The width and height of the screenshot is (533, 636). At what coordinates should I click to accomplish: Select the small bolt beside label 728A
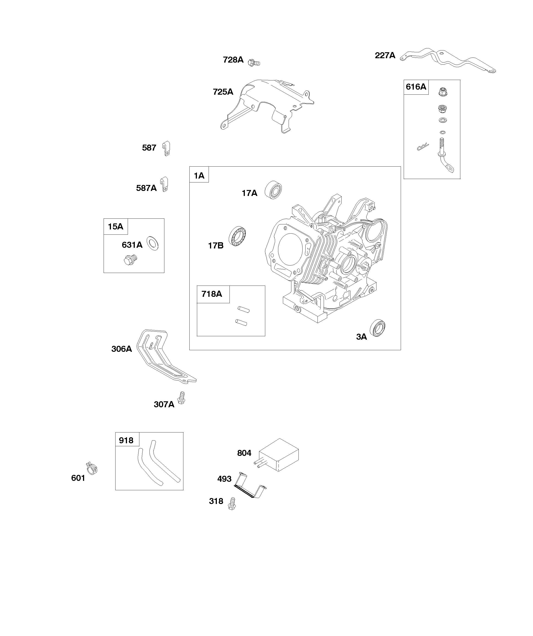click(254, 63)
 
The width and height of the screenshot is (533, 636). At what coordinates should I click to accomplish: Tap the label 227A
click(385, 55)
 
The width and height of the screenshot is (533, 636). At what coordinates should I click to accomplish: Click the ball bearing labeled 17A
click(274, 190)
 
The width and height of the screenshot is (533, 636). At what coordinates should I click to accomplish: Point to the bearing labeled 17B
click(237, 236)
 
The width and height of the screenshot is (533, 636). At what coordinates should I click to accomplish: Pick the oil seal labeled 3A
click(378, 328)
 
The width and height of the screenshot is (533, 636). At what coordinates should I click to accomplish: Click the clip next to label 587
click(166, 149)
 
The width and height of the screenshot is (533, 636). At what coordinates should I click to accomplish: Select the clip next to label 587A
click(164, 184)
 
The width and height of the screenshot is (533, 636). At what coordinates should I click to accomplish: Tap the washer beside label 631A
click(152, 243)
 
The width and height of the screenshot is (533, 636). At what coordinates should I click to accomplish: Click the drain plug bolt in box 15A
click(131, 260)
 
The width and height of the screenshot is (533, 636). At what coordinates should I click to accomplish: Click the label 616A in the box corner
click(416, 87)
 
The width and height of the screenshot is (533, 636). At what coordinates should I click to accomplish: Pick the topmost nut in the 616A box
click(443, 91)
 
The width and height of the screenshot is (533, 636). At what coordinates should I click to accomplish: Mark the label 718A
click(212, 294)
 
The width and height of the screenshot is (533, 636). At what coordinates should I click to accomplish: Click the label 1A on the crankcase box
click(199, 176)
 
